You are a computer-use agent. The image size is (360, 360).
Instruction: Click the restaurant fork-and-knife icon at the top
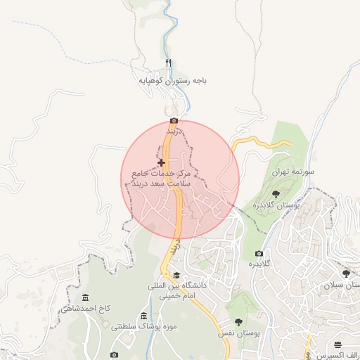[168, 63]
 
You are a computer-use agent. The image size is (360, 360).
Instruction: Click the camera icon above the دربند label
[174, 121]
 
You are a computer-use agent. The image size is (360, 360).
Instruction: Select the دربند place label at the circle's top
[174, 131]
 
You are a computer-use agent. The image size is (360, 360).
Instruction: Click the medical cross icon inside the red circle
[162, 162]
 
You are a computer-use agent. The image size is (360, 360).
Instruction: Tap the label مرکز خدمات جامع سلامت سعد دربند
[162, 178]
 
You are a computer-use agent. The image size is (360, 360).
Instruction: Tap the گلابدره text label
[259, 264]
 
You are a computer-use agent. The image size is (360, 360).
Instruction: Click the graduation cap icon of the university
[176, 275]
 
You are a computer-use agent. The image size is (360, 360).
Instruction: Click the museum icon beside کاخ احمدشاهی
[86, 297]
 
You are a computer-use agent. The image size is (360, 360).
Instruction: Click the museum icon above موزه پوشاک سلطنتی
[144, 315]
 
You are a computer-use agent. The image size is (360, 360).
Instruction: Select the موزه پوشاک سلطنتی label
[143, 327]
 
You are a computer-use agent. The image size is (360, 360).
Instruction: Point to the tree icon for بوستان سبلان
[345, 274]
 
